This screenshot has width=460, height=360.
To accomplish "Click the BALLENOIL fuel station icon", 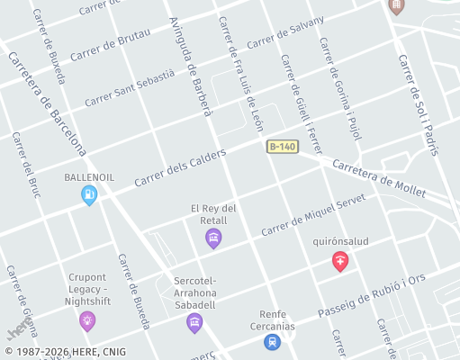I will tap(89, 194).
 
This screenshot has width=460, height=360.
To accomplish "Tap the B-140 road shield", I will tap(283, 147).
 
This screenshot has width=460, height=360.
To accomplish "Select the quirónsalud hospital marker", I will tap(340, 261).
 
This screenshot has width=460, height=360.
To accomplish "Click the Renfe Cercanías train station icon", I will tap(272, 341).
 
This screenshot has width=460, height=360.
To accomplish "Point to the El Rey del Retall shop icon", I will tap(213, 238).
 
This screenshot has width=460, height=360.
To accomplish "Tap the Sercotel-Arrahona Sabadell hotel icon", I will tap(194, 322).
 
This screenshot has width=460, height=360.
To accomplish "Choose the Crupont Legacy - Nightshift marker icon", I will tap(87, 319).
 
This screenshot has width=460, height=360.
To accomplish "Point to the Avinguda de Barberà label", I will tap(190, 67).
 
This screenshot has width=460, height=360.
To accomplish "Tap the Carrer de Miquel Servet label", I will tap(314, 216).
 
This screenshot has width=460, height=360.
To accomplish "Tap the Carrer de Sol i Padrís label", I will tap(418, 104).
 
